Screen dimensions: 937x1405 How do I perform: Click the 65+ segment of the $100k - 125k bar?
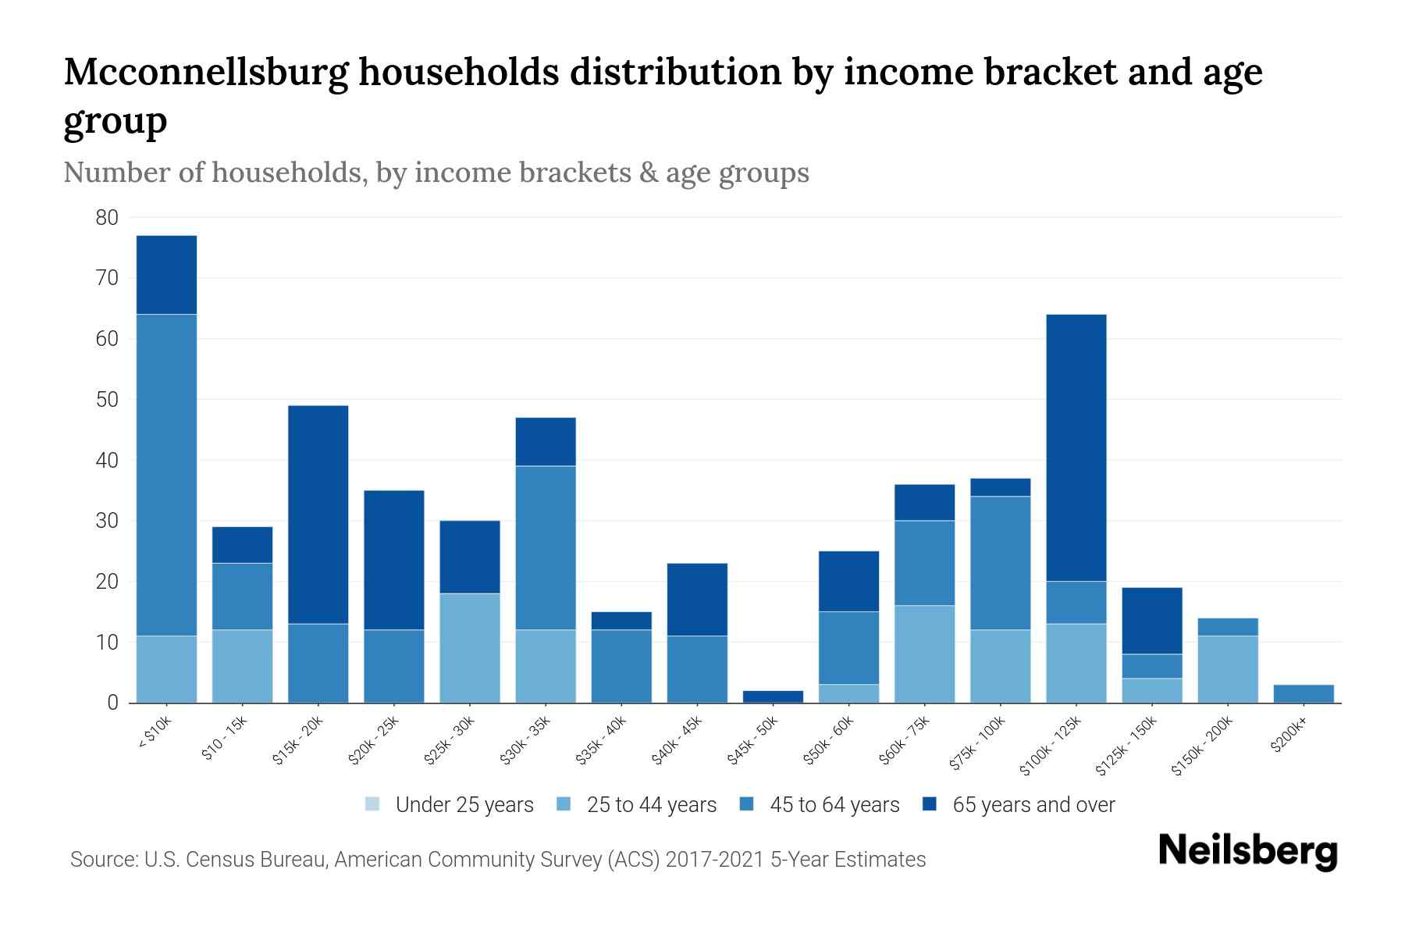pyautogui.click(x=1076, y=447)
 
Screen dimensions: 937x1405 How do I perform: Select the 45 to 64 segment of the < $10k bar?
pyautogui.click(x=166, y=475)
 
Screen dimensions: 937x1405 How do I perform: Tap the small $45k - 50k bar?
pyautogui.click(x=773, y=697)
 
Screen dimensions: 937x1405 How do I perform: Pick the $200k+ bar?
pyautogui.click(x=1304, y=693)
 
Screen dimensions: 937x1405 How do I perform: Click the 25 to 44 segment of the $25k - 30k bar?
pyautogui.click(x=470, y=648)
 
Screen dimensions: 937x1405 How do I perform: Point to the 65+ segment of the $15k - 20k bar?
pyautogui.click(x=318, y=514)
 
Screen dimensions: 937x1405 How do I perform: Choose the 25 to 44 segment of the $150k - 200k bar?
pyautogui.click(x=1228, y=669)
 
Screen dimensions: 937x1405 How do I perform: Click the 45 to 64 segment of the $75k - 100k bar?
pyautogui.click(x=1000, y=563)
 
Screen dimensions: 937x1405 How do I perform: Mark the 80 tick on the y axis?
pyautogui.click(x=107, y=218)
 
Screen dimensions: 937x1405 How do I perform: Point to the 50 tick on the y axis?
pyautogui.click(x=107, y=400)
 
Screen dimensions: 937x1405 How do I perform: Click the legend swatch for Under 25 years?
pyautogui.click(x=372, y=804)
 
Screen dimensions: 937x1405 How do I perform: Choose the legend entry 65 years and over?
pyautogui.click(x=1033, y=804)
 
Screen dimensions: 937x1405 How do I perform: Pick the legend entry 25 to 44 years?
pyautogui.click(x=651, y=804)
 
